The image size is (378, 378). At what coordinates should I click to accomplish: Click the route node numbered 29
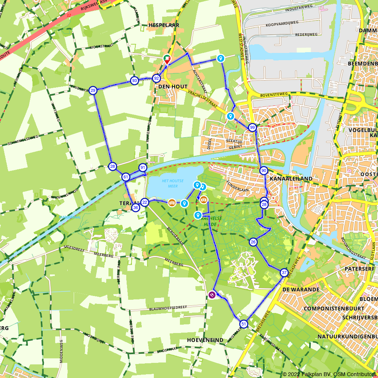93,90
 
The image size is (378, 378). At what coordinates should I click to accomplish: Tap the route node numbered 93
134,81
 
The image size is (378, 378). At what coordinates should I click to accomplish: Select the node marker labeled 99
253,127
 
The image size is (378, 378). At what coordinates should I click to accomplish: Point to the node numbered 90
264,171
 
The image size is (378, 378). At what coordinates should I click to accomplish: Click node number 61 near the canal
126,177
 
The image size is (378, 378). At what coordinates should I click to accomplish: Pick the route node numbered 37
284,273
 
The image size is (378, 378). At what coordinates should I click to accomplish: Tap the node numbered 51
244,324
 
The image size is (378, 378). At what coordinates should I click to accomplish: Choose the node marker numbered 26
253,242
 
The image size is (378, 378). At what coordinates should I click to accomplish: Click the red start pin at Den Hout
167,59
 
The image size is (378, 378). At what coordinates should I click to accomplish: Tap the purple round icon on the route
212,295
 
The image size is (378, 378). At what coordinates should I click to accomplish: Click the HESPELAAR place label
164,25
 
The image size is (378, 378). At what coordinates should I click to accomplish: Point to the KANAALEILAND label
291,178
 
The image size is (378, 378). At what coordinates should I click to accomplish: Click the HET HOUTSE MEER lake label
170,183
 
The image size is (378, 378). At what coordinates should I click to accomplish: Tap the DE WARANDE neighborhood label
301,290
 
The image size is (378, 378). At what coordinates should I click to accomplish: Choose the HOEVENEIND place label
205,340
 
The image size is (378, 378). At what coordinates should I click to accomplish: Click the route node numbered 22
145,202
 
